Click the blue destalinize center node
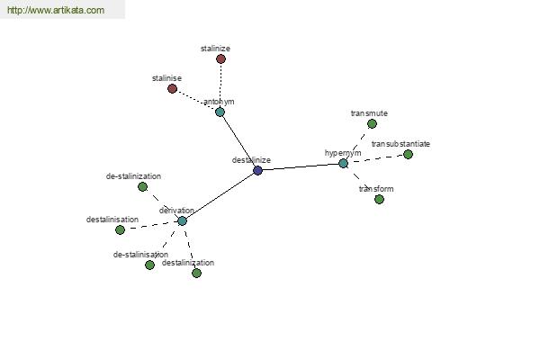[x=257, y=170]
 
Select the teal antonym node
[x=220, y=112]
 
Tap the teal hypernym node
[x=344, y=163]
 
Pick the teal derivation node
[x=182, y=220]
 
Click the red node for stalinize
[x=220, y=58]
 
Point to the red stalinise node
[x=172, y=89]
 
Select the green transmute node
[x=372, y=123]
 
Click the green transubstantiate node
[x=408, y=154]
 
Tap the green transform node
[x=379, y=199]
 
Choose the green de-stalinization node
[x=142, y=186]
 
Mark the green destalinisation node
[x=120, y=229]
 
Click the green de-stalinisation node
[x=149, y=265]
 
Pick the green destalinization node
[x=196, y=274]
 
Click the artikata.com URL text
[x=56, y=10]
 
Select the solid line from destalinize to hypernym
[x=301, y=166]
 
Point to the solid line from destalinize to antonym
[x=238, y=141]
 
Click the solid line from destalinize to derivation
[x=220, y=195]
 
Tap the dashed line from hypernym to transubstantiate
[x=375, y=158]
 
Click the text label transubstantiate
[x=400, y=144]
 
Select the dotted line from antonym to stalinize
[x=220, y=85]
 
